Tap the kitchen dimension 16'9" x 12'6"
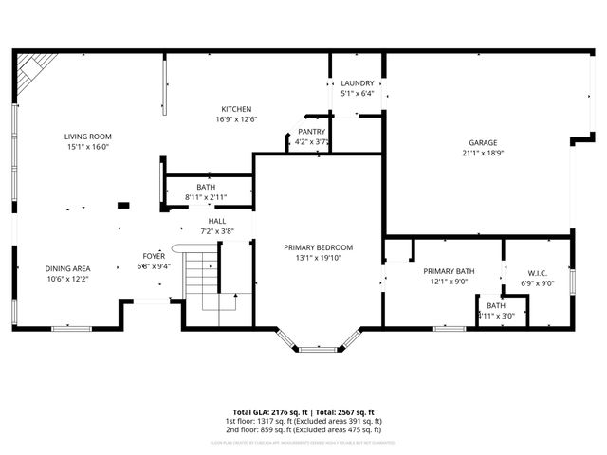click(x=236, y=119)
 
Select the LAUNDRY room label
click(x=358, y=83)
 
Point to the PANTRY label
click(x=311, y=132)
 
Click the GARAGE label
click(x=482, y=142)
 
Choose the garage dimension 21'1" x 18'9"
click(x=482, y=153)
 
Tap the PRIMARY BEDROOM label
click(x=318, y=246)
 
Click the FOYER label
click(x=154, y=256)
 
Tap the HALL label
click(x=216, y=221)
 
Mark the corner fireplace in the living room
click(x=34, y=73)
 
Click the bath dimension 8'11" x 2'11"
click(x=206, y=197)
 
